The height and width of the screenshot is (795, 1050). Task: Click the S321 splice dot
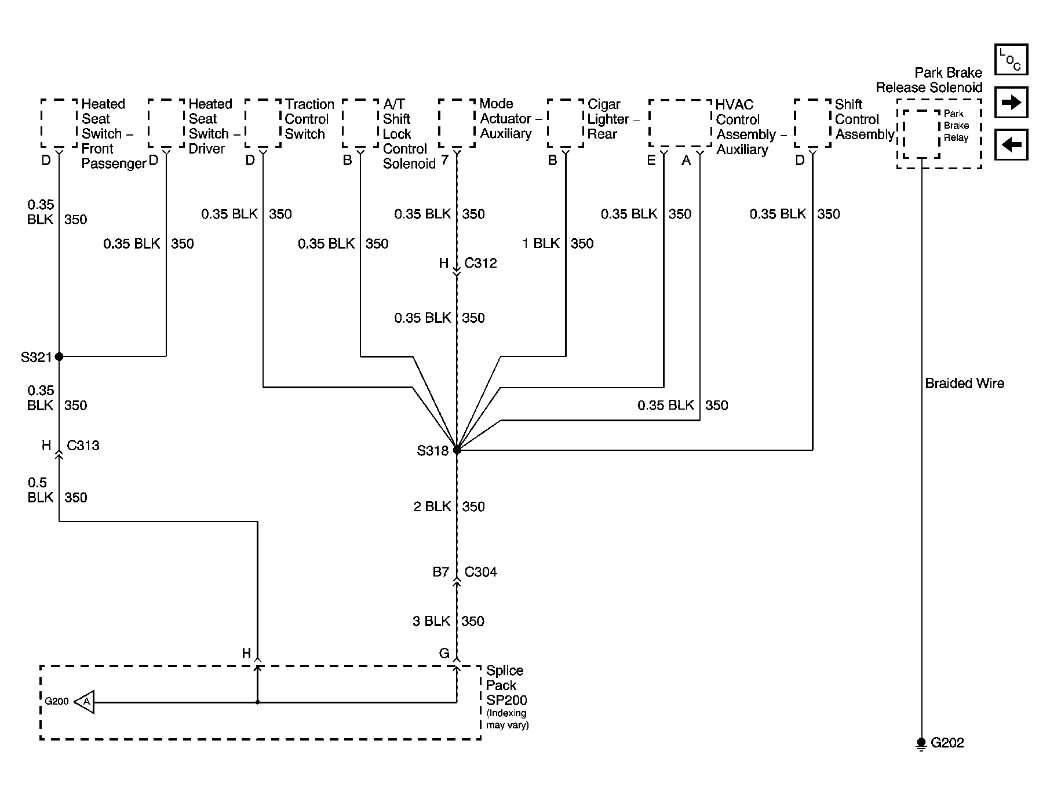tap(59, 356)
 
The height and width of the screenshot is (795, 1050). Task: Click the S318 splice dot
tap(457, 450)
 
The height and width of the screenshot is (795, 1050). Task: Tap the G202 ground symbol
tap(921, 743)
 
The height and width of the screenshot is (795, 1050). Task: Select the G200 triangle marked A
tap(85, 702)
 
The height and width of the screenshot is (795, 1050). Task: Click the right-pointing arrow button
tap(1011, 103)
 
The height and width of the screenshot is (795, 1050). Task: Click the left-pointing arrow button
tap(1011, 144)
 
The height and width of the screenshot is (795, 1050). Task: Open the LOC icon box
tap(1011, 60)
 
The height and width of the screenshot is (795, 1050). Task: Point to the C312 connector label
tap(480, 263)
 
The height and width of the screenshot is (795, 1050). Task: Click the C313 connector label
tap(83, 446)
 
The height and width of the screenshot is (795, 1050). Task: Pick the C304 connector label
tap(481, 572)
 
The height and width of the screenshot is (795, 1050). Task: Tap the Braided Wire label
tap(964, 383)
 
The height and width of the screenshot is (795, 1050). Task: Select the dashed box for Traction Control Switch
tap(263, 123)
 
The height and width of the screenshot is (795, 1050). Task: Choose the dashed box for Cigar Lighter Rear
tap(566, 123)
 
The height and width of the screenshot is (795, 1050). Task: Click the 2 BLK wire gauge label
tap(432, 506)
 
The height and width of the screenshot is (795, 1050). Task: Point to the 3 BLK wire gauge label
tap(432, 621)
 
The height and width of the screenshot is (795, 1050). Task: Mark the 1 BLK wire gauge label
tap(541, 243)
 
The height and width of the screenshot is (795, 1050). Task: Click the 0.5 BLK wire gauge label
tap(40, 490)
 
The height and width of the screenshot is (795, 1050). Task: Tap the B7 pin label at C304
tap(441, 572)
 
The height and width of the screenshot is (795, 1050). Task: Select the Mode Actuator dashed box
tap(457, 123)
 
